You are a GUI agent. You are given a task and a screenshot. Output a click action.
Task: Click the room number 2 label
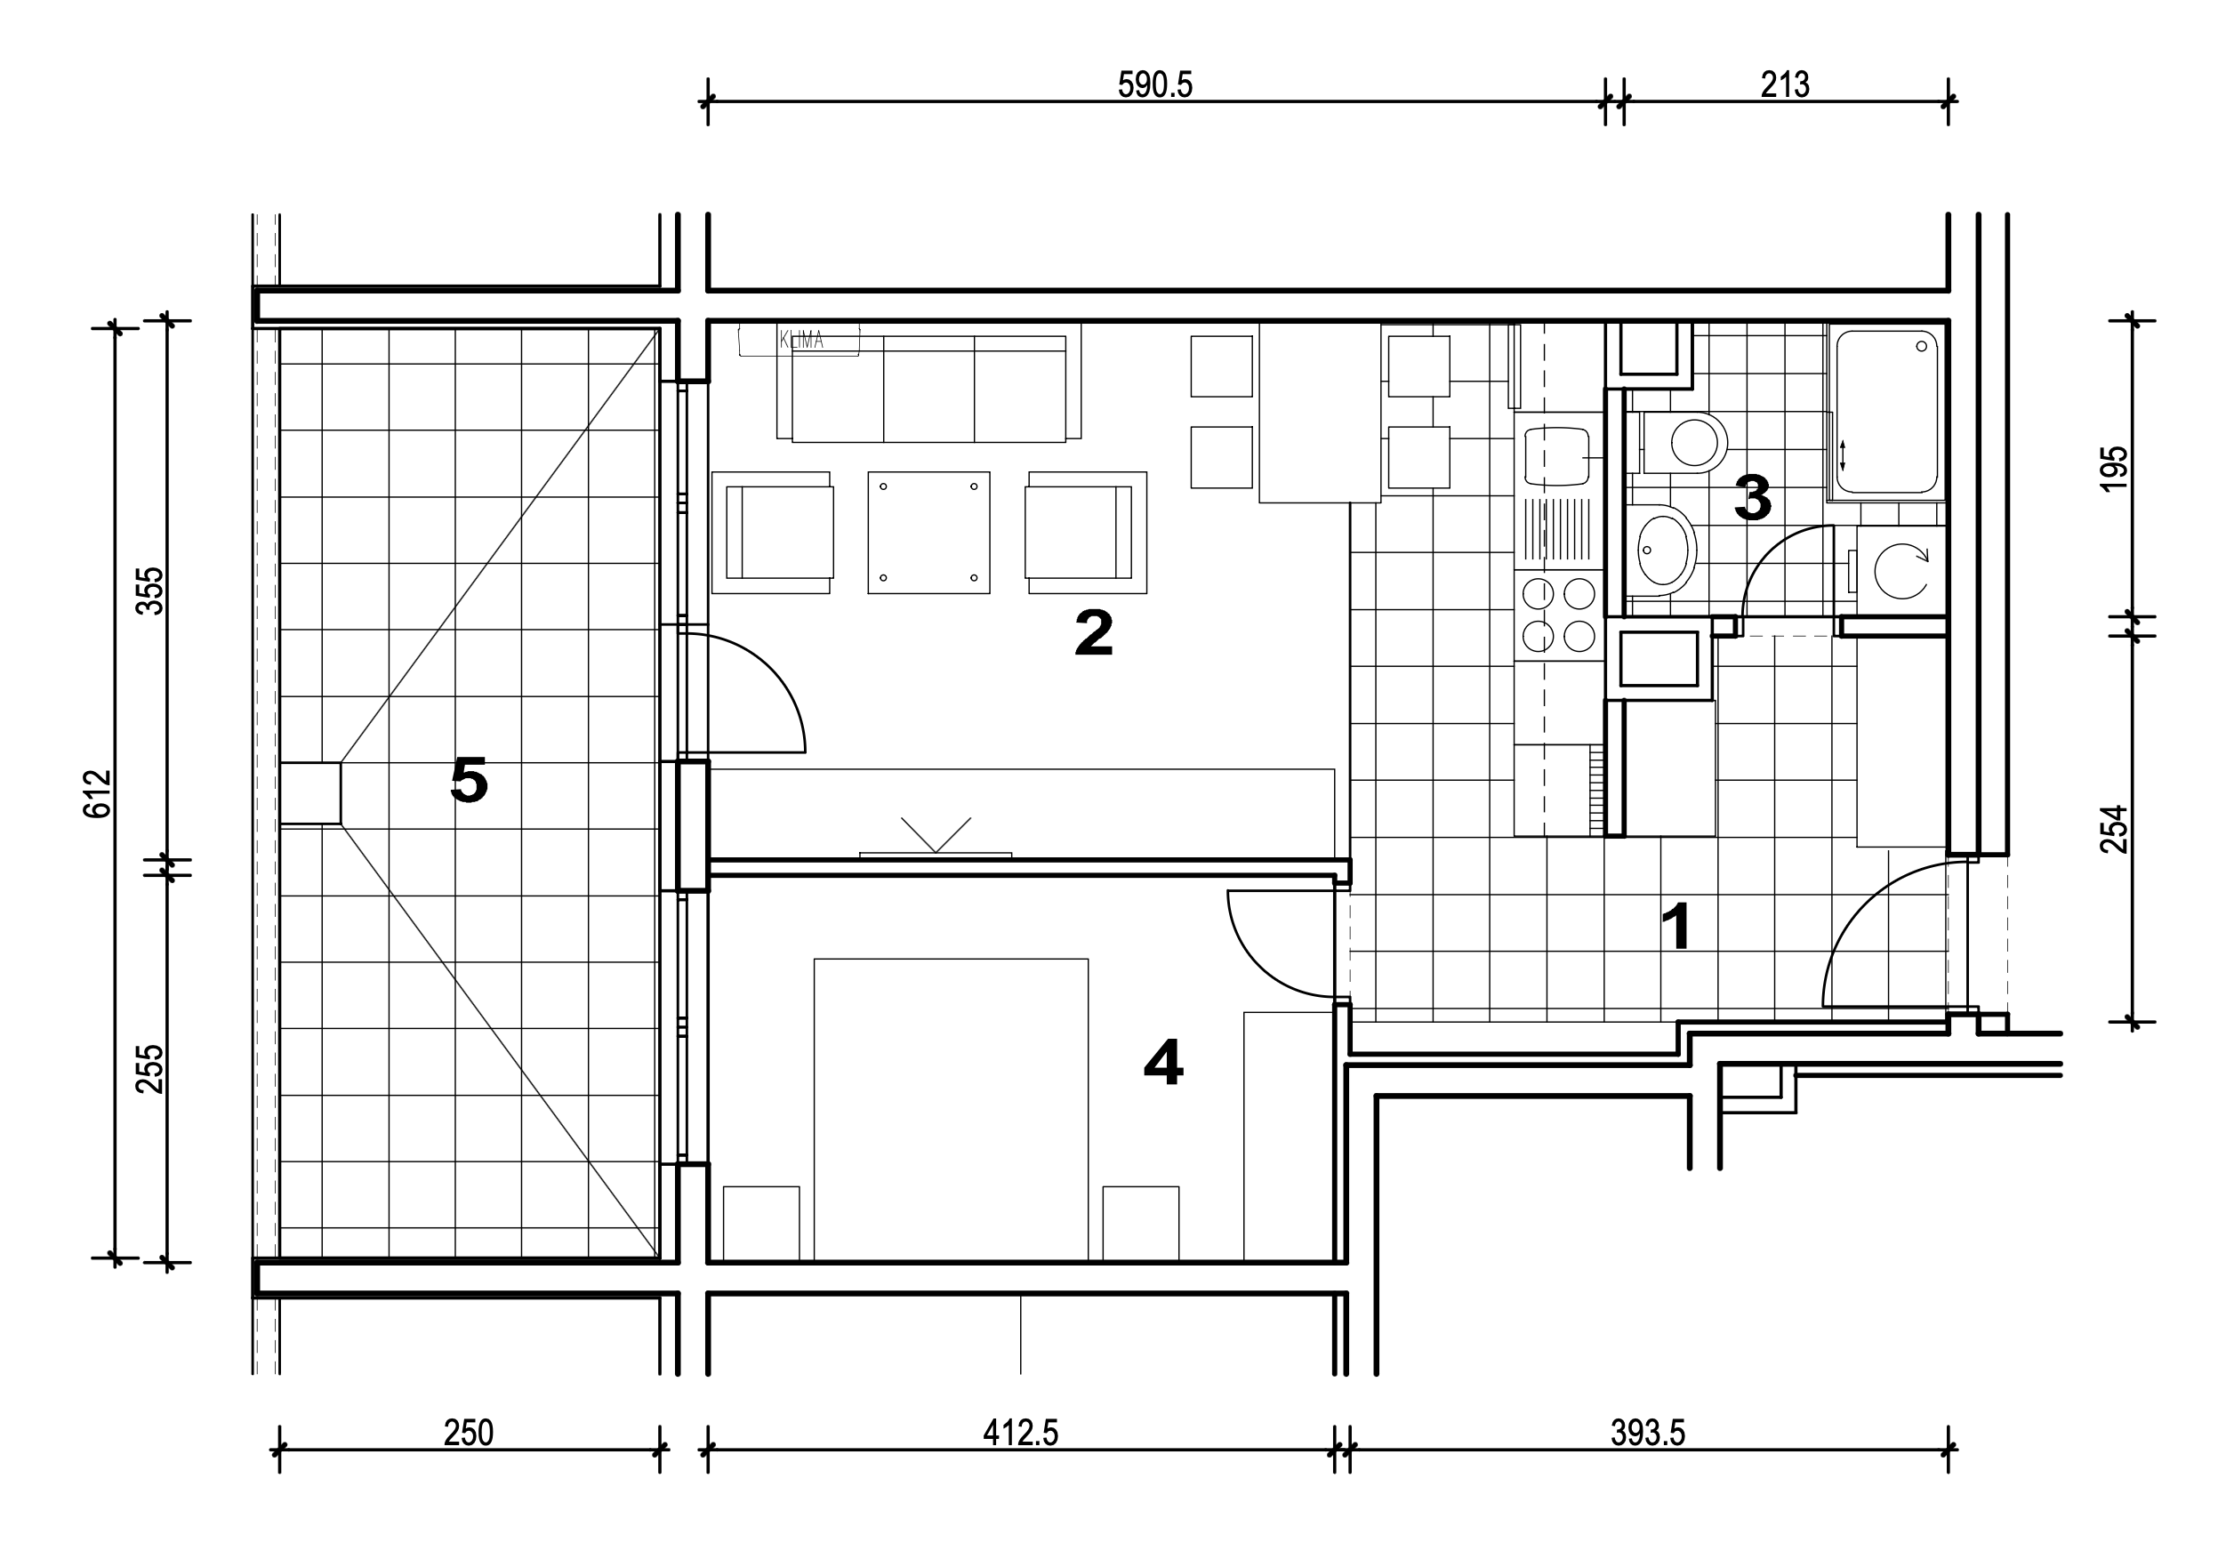click(1093, 632)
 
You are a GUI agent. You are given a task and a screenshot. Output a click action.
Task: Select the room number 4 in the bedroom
click(1163, 1062)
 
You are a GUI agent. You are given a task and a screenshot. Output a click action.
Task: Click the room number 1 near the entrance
click(1678, 926)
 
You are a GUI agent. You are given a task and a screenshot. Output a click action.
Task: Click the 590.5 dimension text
click(1154, 85)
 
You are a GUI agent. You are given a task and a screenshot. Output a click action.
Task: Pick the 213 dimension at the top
click(1785, 85)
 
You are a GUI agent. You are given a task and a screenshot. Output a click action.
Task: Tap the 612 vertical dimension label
click(98, 793)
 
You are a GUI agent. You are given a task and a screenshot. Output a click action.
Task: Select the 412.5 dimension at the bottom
click(1020, 1433)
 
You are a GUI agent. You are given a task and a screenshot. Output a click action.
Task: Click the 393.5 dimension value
click(1648, 1433)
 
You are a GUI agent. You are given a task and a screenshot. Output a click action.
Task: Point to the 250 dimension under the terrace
click(469, 1433)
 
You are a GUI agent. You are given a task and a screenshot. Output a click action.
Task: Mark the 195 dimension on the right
click(2115, 469)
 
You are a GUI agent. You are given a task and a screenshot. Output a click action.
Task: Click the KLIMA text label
click(801, 340)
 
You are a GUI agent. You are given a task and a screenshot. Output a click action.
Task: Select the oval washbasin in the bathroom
click(1664, 549)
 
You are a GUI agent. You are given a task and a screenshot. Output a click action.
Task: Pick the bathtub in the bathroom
click(1885, 412)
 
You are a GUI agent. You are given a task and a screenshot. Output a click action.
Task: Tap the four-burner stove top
click(1559, 615)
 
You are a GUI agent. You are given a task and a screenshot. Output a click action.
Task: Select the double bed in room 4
click(951, 1110)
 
